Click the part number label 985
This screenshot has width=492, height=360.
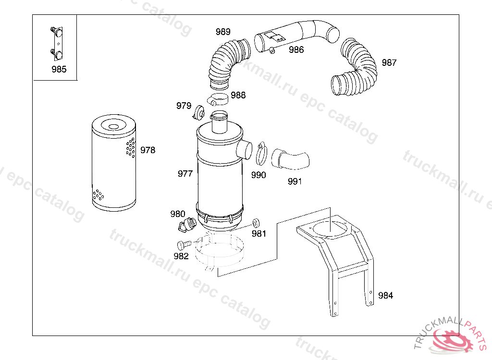(59, 69)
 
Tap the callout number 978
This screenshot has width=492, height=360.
(148, 150)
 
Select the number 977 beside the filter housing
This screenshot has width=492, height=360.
(185, 174)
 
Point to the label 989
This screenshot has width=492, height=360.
(223, 32)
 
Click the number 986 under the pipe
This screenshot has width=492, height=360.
(296, 49)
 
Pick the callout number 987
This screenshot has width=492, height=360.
(389, 63)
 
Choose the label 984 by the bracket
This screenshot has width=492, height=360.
(385, 295)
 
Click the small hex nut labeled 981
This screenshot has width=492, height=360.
(256, 223)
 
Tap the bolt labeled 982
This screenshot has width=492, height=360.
(184, 245)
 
